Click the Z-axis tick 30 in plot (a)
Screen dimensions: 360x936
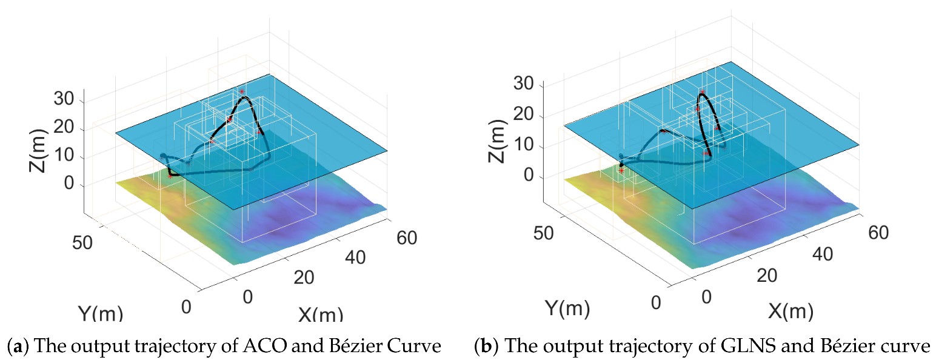click(x=72, y=99)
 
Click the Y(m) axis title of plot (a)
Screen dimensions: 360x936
click(x=100, y=313)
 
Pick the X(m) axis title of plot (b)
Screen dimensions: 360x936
click(x=792, y=312)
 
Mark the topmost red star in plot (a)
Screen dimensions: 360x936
click(x=241, y=92)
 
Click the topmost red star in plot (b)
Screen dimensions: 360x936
click(x=702, y=92)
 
